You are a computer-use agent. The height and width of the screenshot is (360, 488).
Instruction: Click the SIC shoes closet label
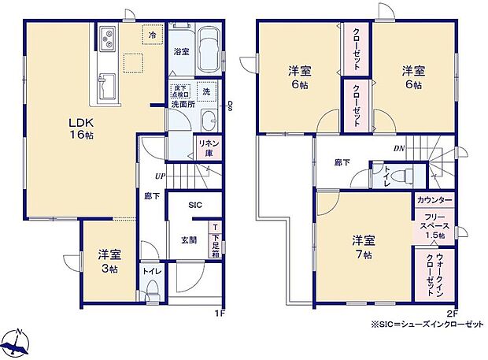pyautogui.click(x=195, y=204)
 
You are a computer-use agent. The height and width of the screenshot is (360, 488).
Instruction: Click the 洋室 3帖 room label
pyautogui.click(x=109, y=261)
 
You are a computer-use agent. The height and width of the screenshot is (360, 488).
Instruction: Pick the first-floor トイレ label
pyautogui.click(x=152, y=272)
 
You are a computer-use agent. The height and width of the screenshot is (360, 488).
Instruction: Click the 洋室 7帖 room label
pyautogui.click(x=363, y=246)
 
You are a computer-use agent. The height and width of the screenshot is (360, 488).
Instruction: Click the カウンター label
pyautogui.click(x=434, y=200)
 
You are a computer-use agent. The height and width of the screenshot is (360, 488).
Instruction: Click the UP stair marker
pyautogui.click(x=161, y=176)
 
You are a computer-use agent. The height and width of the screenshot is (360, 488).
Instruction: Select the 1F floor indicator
pyautogui.click(x=221, y=314)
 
